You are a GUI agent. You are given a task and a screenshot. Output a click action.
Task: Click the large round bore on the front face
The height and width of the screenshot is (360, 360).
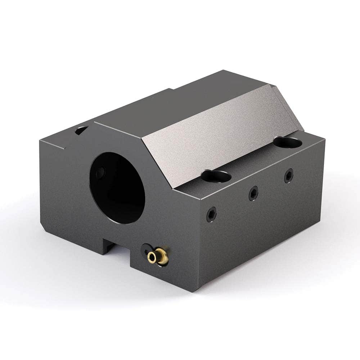pos(117,187)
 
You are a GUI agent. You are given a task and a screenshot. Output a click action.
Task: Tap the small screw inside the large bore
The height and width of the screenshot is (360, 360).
pos(100,172)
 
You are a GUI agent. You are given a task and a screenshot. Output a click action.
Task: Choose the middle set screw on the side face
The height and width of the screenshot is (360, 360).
pos(253,194)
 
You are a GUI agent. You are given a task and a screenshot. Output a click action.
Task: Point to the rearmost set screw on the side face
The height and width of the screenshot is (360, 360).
pos(288,175)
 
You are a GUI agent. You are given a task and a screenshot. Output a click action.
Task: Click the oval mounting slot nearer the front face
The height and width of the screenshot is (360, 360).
pos(216,176)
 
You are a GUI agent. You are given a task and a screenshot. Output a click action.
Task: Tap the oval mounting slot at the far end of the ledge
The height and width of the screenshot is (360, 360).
pos(287,142)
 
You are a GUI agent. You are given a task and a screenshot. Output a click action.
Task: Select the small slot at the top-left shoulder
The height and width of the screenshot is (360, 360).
pos(81,130)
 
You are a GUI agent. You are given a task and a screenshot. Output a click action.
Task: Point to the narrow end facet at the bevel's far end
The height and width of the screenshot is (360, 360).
pos(288,108)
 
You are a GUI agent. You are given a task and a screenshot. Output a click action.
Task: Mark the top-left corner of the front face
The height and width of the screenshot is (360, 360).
pos(40,141)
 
